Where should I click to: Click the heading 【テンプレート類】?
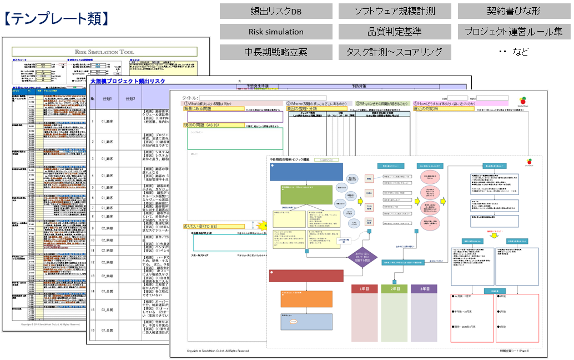pos(57,19)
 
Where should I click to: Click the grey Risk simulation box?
pos(276,32)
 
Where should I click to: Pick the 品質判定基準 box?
pos(394,32)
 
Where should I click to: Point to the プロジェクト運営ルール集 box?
pos(513,32)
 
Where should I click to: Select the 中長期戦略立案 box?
pos(276,52)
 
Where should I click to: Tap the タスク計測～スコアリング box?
pos(394,52)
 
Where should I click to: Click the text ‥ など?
pos(513,52)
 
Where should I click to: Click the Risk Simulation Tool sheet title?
pos(105,51)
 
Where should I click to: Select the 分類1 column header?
pos(107,99)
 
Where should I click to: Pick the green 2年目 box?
pos(395,289)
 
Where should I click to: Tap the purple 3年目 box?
pos(424,289)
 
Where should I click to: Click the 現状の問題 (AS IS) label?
pos(205,125)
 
